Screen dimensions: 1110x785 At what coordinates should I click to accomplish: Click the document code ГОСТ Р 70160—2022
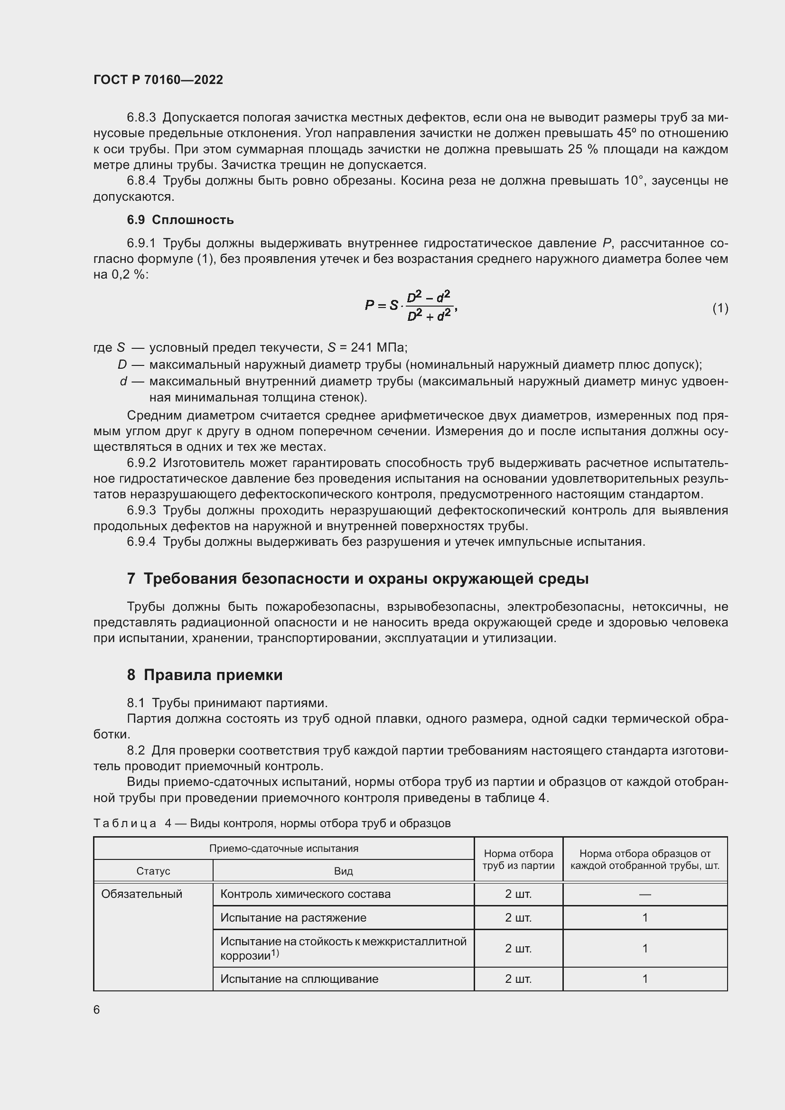point(158,80)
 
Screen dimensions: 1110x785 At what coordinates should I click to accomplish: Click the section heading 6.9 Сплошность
point(180,220)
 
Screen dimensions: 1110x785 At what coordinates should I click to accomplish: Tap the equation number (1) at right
point(720,308)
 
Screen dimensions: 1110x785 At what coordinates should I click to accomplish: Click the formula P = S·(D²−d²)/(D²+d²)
point(411,306)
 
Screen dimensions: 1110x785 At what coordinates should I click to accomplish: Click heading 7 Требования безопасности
point(358,578)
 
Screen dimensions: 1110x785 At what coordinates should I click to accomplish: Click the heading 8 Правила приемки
point(205,674)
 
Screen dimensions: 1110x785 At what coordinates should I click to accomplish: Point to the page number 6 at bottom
point(97,1009)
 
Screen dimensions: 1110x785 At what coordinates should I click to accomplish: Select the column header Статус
point(153,871)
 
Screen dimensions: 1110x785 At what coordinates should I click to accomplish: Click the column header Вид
point(343,871)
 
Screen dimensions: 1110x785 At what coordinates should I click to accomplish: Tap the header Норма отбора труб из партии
point(518,859)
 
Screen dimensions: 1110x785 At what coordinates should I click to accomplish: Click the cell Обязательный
point(141,894)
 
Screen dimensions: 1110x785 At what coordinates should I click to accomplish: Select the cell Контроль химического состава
point(305,894)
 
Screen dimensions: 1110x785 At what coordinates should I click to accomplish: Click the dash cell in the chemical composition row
point(645,895)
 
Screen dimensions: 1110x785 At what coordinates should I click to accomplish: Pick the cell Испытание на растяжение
point(293,918)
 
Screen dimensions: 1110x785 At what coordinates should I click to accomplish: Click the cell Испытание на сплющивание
point(299,979)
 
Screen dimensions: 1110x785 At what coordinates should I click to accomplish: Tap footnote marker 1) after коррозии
point(275,952)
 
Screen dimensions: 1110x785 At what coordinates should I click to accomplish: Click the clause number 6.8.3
point(141,118)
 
